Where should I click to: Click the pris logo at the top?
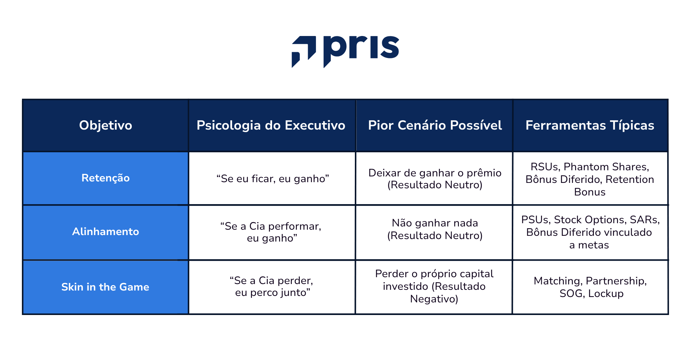click(345, 51)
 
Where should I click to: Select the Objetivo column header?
click(105, 125)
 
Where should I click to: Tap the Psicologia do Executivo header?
click(271, 125)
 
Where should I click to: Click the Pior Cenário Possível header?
click(435, 125)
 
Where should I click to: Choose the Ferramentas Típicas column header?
click(590, 125)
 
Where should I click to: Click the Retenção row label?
click(105, 178)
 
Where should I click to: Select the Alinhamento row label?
click(105, 231)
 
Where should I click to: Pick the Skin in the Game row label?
click(105, 287)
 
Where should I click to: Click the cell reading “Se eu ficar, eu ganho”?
click(272, 179)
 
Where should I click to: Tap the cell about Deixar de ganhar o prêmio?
click(435, 179)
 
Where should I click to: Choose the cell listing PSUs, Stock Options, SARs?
click(590, 232)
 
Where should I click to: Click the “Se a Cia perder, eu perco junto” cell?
click(272, 287)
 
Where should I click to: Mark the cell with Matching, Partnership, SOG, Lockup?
click(590, 287)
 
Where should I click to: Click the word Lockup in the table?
click(606, 293)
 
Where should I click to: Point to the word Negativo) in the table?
click(434, 299)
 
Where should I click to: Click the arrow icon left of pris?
click(303, 51)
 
